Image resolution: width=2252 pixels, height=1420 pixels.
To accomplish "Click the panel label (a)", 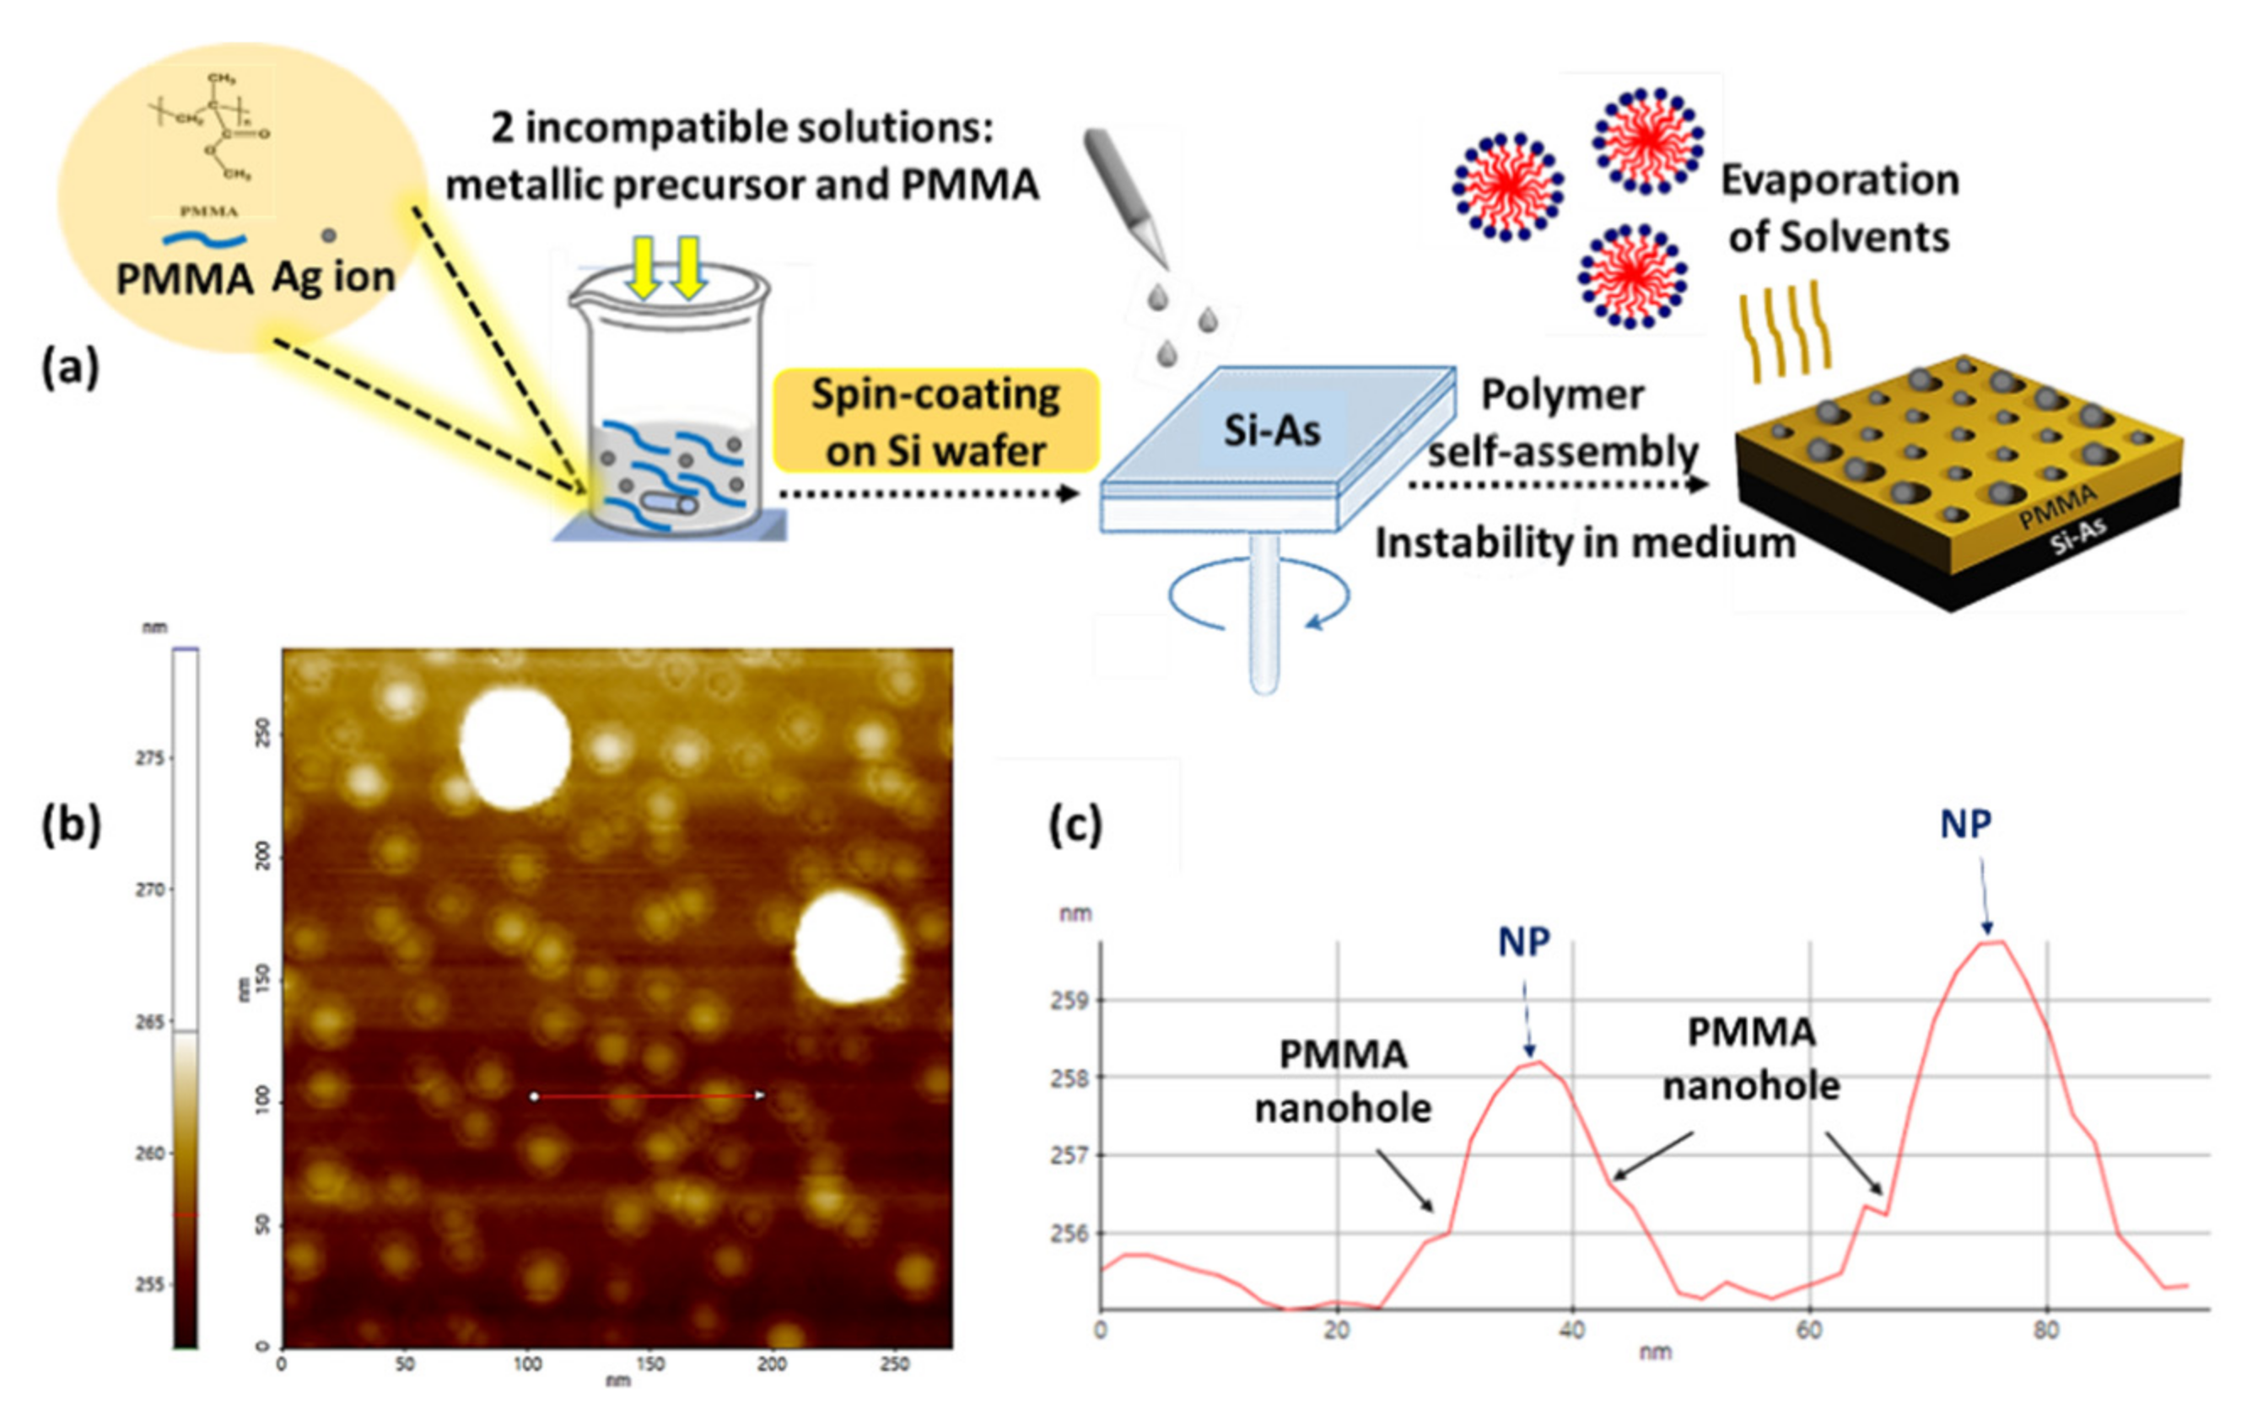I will [70, 367].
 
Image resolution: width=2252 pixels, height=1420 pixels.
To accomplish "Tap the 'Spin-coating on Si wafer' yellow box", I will [936, 422].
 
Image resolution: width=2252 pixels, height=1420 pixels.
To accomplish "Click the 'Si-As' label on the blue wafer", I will [1272, 431].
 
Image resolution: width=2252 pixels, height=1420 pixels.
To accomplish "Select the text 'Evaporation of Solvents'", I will [1839, 207].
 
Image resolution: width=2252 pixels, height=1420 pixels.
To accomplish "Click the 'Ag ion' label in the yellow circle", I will [334, 277].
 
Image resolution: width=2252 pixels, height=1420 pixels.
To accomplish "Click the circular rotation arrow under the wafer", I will [1258, 599].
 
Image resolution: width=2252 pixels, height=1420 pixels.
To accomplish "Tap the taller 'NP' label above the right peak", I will [1965, 824].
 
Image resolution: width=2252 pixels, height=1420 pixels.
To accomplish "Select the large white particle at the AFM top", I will [515, 748].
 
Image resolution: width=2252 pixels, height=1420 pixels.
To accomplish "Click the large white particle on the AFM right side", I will [849, 947].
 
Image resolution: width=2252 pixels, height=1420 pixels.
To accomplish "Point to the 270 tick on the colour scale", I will [149, 890].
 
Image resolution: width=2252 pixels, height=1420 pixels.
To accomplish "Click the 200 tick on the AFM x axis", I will [772, 1364].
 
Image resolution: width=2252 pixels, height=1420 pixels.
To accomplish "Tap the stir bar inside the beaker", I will [669, 504].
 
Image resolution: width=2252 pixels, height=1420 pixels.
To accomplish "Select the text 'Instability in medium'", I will [1585, 543].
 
